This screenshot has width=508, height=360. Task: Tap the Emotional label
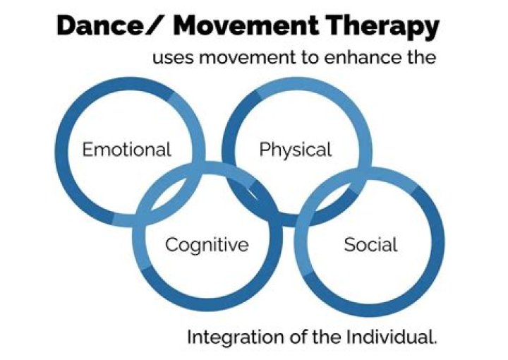pyautogui.click(x=127, y=150)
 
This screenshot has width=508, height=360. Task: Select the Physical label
pyautogui.click(x=295, y=150)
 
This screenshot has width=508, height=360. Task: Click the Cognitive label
pyautogui.click(x=207, y=245)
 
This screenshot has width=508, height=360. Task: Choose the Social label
pyautogui.click(x=370, y=245)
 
